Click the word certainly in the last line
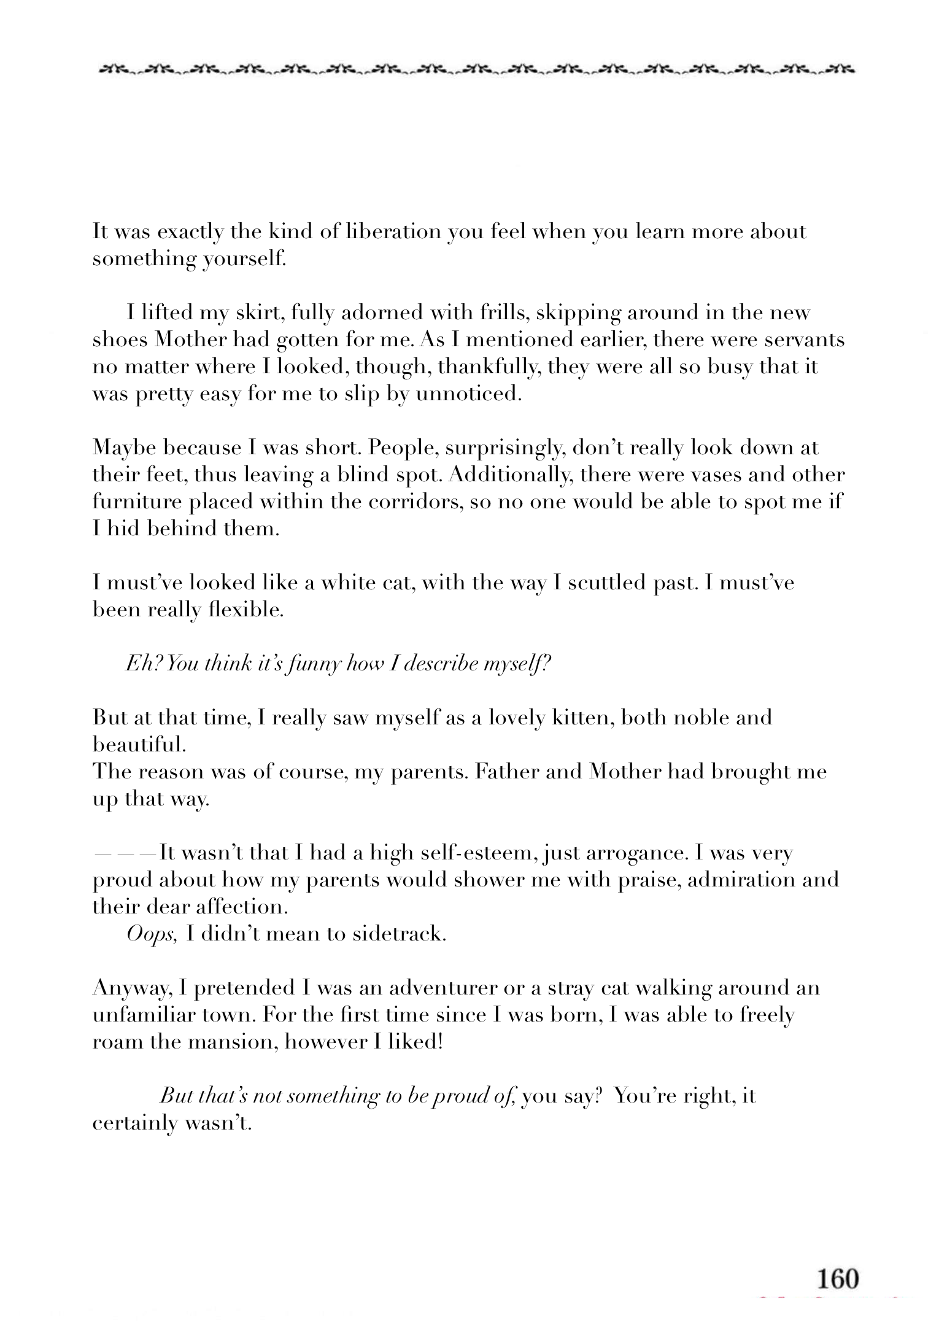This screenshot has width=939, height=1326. [130, 1123]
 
